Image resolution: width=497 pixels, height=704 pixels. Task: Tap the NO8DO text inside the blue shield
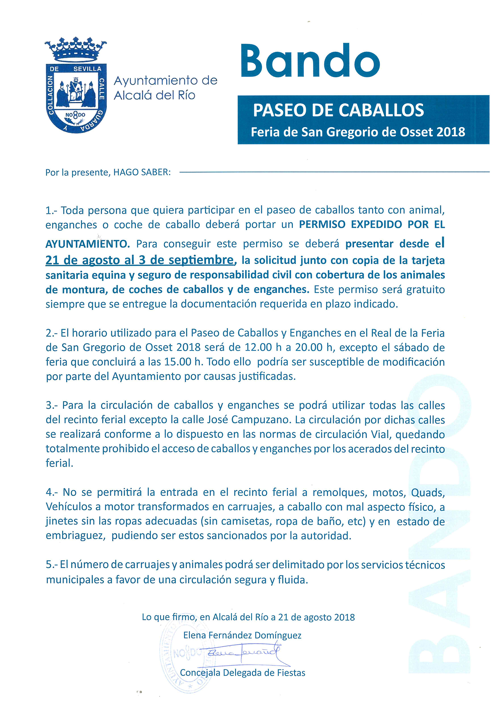[x=75, y=115]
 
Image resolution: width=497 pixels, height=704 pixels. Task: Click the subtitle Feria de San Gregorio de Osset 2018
[x=358, y=132]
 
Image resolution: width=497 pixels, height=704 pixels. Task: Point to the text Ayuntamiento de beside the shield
[x=165, y=81]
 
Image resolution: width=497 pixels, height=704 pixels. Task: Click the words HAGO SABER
[x=142, y=172]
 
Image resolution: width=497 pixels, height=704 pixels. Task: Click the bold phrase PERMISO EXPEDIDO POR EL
[x=371, y=225]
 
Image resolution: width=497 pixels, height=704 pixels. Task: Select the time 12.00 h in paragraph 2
[x=263, y=347]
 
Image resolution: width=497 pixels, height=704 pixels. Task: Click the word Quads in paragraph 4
[x=428, y=493]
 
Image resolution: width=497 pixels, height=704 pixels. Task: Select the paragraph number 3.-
[x=52, y=405]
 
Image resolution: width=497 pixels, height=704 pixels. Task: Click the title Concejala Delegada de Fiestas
[x=242, y=673]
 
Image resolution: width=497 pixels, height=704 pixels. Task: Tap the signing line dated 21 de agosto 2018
[x=248, y=617]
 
